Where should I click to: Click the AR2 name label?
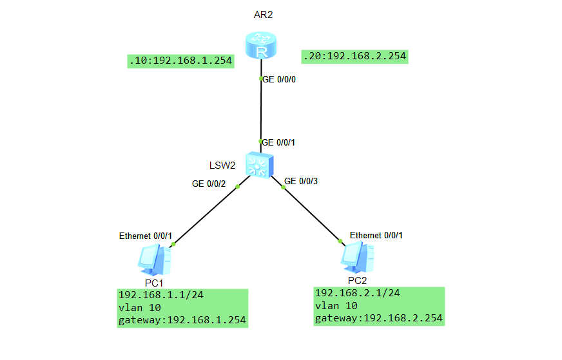263,14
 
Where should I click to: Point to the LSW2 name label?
223,166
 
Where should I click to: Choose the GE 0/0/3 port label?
302,181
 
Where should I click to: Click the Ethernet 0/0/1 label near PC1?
146,236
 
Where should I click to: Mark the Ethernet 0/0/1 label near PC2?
376,235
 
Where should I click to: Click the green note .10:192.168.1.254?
180,62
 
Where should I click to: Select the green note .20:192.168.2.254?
354,56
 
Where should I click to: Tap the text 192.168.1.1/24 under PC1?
160,295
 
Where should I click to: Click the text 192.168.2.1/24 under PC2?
357,292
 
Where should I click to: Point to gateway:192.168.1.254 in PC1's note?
182,319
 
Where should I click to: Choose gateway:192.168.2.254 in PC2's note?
379,318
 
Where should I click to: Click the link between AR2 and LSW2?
260,109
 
